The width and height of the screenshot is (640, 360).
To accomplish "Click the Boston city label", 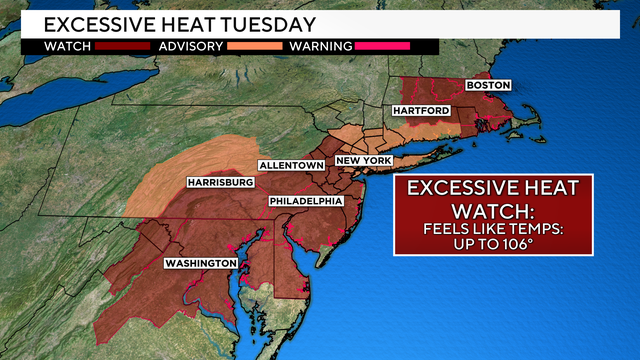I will click(489, 86).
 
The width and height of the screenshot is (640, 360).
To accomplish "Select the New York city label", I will click(362, 160).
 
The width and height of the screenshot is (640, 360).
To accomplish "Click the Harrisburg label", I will click(221, 183).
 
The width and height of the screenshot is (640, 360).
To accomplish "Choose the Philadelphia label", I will click(305, 202).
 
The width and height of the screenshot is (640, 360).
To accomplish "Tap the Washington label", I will click(201, 264).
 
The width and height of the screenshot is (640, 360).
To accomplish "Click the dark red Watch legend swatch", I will click(110, 45).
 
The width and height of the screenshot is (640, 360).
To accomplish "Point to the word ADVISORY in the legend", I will click(190, 45).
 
